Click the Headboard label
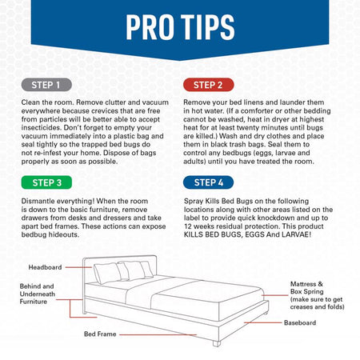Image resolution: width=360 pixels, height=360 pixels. point(46,267)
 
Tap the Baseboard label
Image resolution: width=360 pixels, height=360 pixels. point(301,322)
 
